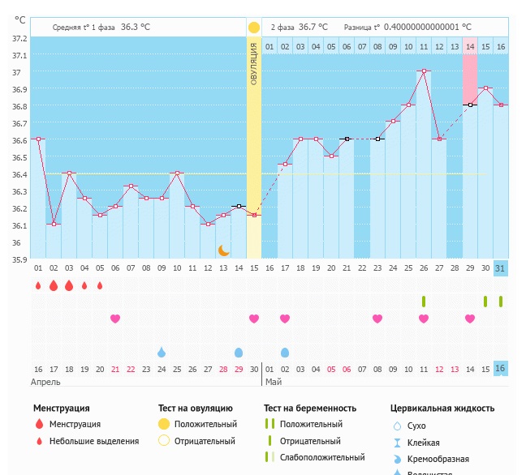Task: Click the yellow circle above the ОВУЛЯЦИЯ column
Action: (254, 27)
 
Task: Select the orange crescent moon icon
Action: (224, 250)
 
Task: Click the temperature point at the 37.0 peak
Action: (424, 71)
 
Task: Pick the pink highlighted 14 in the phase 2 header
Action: (470, 47)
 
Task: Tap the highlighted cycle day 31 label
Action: (501, 268)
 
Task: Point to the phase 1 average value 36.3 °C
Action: (136, 27)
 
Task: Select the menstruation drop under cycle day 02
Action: (54, 285)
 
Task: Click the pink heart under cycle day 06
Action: (115, 319)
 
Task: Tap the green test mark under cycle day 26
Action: (424, 302)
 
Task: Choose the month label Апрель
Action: (45, 381)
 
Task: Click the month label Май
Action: (274, 381)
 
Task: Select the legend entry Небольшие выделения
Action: (94, 442)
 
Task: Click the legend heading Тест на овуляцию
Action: (196, 409)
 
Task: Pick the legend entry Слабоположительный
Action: (322, 458)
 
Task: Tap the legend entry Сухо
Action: (416, 426)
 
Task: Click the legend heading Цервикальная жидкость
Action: (442, 409)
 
